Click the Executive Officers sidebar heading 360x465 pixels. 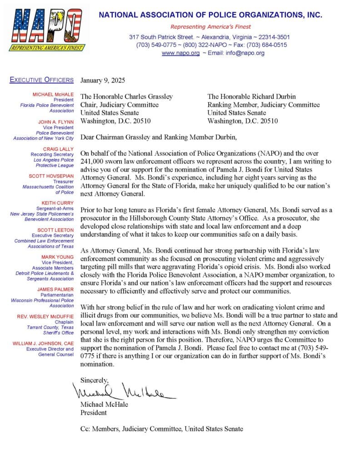(41, 80)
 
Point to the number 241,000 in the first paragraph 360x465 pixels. (94, 161)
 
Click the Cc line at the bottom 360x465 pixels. (161, 429)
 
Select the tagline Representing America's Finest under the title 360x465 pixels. (210, 27)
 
